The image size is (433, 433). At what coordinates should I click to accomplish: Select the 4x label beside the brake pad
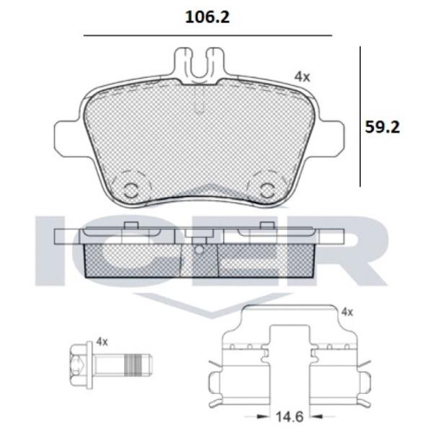click(302, 75)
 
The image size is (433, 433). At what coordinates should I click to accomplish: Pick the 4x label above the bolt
click(102, 341)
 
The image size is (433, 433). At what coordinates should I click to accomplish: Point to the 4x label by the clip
click(346, 312)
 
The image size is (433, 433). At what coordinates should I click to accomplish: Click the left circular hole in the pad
click(131, 189)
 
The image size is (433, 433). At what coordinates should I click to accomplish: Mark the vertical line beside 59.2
click(359, 115)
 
